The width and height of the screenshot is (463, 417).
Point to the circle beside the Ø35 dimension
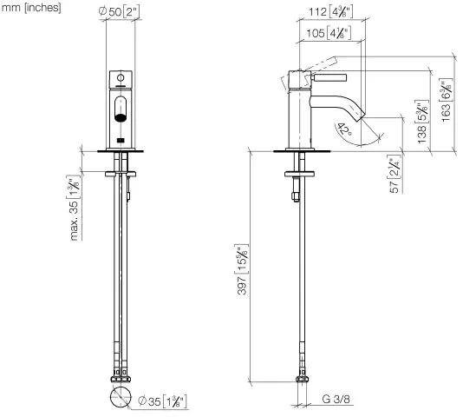[121, 398]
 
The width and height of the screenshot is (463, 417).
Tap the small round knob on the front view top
[121, 81]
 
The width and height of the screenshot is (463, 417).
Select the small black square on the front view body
[121, 138]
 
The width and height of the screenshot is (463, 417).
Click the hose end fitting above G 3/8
[303, 379]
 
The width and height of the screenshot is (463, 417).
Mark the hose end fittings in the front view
[121, 378]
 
